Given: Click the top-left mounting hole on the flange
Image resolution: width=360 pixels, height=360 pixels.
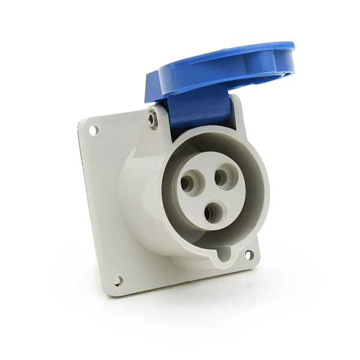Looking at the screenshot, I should [94, 129].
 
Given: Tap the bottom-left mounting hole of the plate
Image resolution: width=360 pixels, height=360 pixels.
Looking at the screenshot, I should [118, 279].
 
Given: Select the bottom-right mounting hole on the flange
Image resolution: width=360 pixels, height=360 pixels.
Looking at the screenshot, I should [248, 255].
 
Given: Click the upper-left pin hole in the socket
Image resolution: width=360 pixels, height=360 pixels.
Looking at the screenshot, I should [188, 183].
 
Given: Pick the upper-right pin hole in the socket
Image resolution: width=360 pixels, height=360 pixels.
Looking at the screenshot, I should [222, 176].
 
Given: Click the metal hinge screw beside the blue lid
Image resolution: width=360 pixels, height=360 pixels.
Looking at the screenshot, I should [154, 118].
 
